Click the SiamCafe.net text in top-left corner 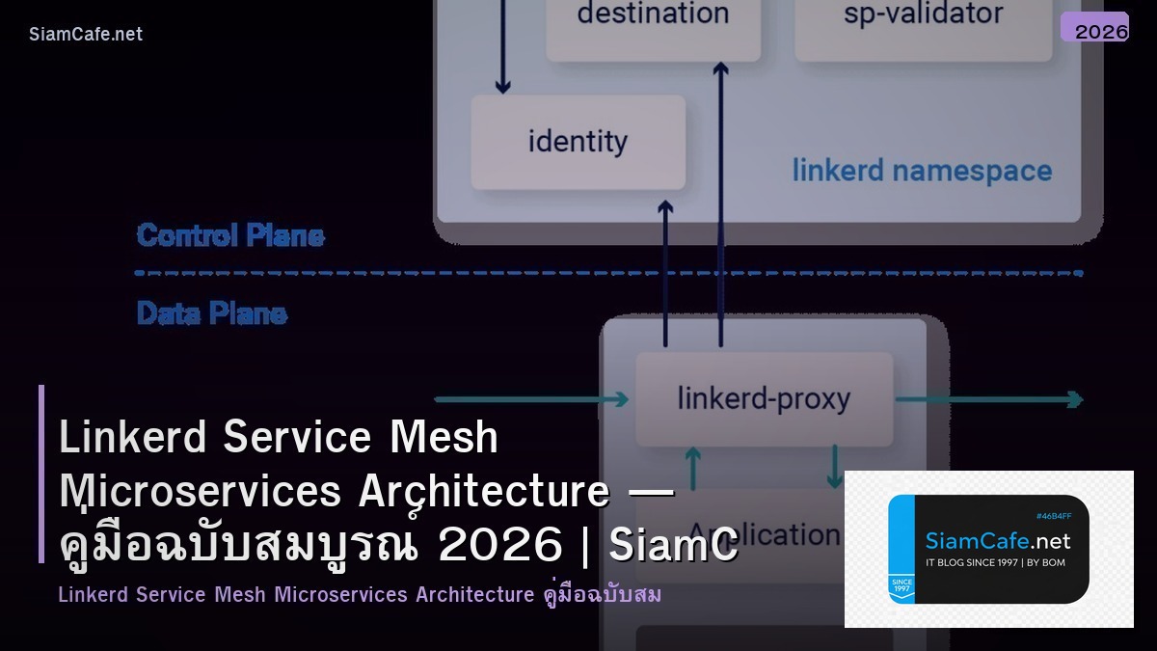[86, 34]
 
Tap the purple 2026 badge [1094, 28]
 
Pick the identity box [578, 142]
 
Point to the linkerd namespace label [922, 172]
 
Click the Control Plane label [230, 235]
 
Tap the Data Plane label [212, 313]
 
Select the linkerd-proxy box [764, 398]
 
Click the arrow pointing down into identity [502, 85]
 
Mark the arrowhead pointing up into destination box [720, 69]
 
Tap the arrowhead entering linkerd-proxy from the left [619, 398]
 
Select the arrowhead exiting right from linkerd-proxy [1072, 398]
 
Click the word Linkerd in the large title [133, 438]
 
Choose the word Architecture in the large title [483, 492]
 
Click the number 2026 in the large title [499, 546]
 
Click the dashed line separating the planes [607, 273]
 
